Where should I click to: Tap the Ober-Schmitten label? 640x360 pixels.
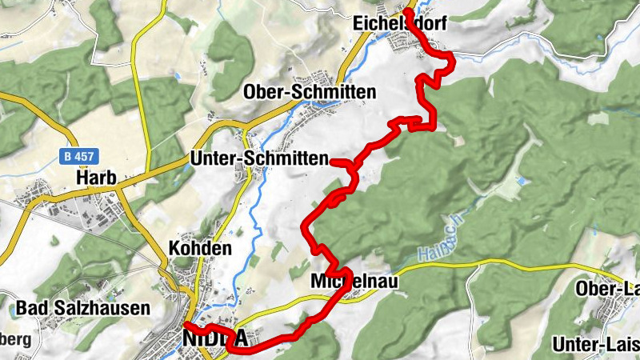310,92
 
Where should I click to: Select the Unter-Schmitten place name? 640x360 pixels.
259,159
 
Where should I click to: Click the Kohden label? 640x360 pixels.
200,249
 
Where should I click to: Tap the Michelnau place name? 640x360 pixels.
353,282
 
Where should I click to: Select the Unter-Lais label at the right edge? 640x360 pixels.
595,345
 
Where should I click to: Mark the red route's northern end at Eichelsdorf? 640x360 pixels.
406,11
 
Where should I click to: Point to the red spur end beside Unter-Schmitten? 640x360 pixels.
332,162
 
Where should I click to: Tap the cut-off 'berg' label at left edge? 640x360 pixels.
14,340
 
